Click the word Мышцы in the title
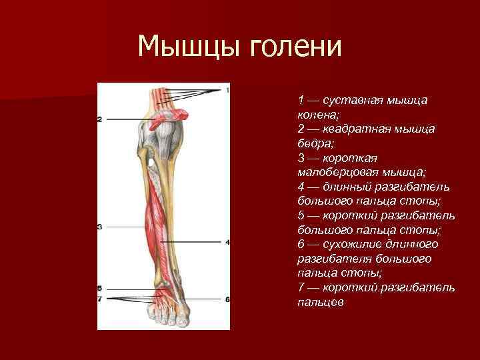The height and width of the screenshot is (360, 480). (x=189, y=47)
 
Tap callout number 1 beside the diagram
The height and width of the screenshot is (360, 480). (x=227, y=89)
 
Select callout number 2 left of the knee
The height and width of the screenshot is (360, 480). (x=99, y=119)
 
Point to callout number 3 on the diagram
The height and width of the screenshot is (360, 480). (x=99, y=227)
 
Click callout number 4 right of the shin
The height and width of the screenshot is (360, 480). (x=227, y=242)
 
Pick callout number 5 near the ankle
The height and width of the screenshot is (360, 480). (x=99, y=288)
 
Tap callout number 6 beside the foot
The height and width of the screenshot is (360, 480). (x=227, y=299)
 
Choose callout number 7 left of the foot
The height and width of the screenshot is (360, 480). (x=99, y=299)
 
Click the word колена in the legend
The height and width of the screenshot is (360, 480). (x=316, y=114)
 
